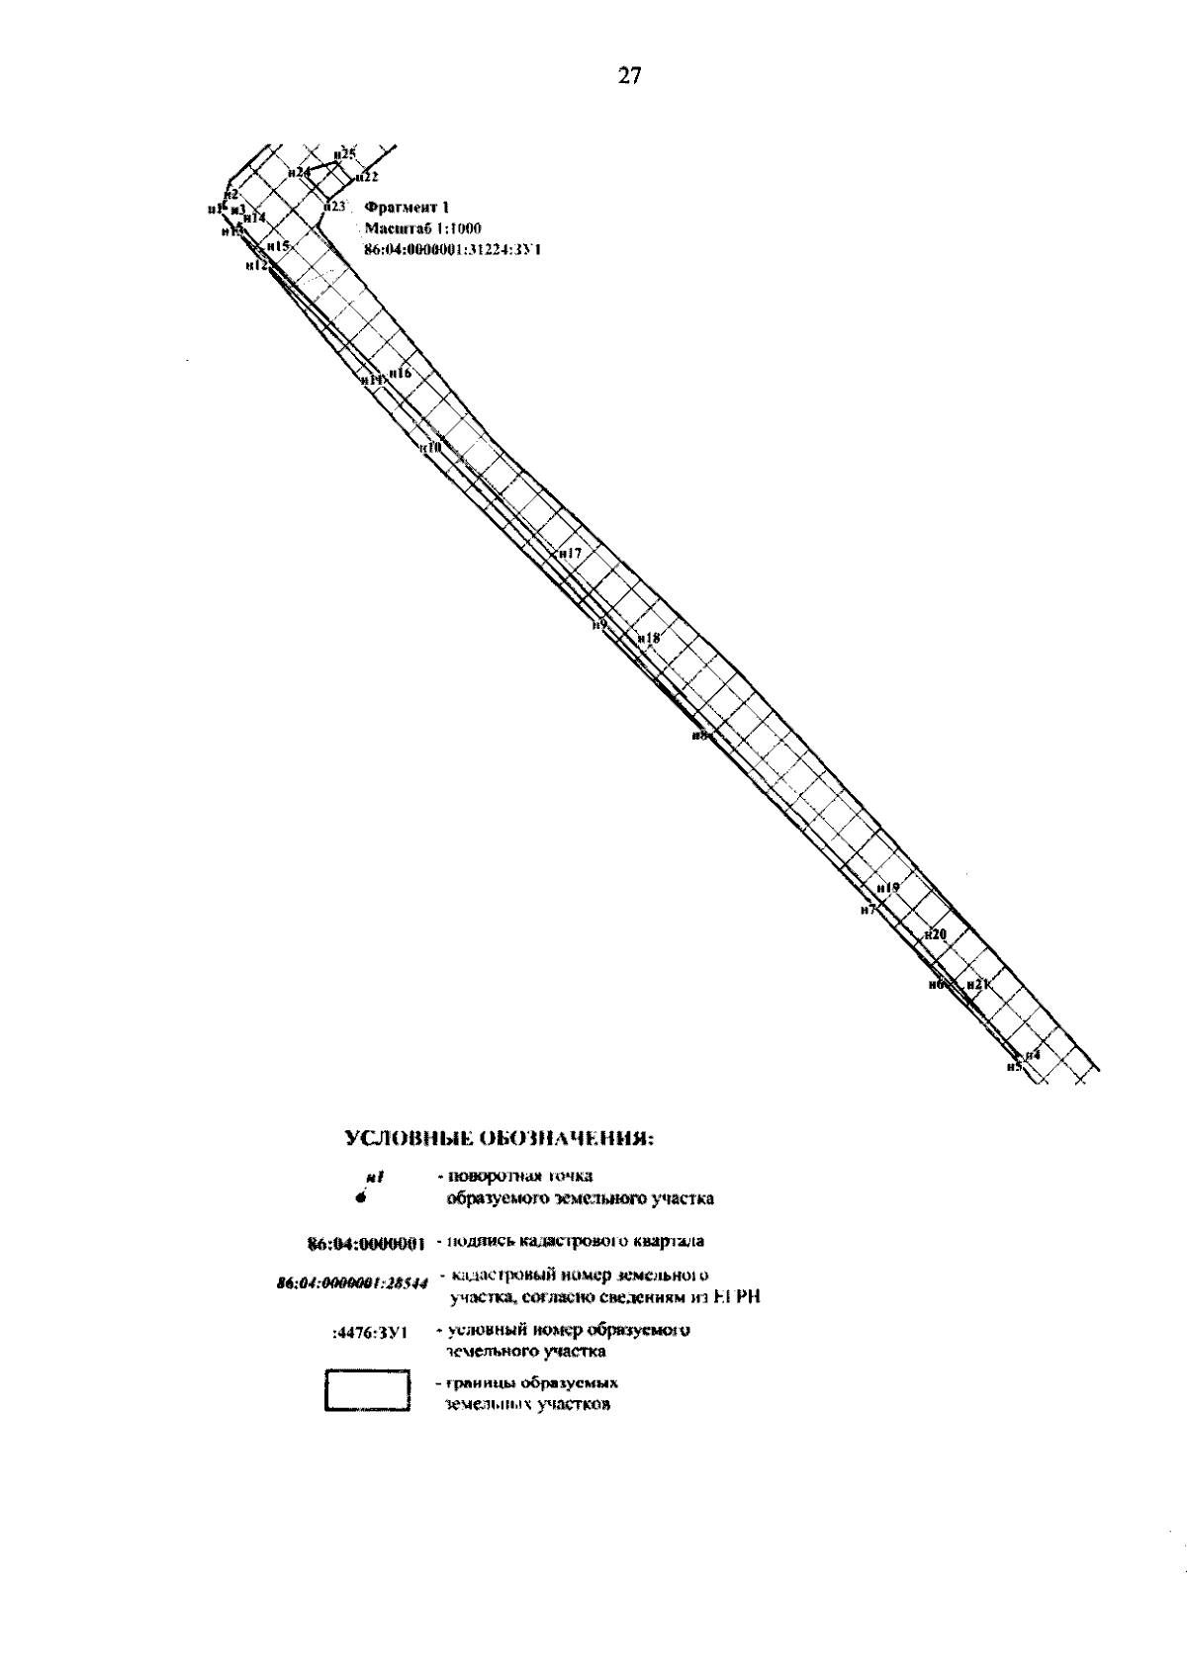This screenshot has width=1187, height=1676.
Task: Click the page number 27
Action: [629, 76]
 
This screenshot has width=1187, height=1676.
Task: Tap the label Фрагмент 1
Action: [407, 208]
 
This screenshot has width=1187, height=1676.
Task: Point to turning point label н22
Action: [367, 177]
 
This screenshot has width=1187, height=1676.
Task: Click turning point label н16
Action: [400, 373]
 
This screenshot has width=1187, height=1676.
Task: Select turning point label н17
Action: [570, 554]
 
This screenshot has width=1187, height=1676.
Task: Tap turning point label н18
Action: [649, 639]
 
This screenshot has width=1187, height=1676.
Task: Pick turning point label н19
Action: [888, 888]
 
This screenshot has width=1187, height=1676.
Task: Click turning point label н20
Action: [936, 934]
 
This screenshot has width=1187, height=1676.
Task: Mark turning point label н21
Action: [978, 985]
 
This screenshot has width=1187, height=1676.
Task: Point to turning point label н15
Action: [278, 245]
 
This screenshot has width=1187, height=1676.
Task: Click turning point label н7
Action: [868, 910]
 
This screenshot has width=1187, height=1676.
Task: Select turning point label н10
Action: [431, 447]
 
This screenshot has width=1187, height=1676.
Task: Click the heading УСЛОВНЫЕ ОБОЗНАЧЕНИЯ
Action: [500, 1138]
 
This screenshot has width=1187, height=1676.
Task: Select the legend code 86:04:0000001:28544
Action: [351, 1284]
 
